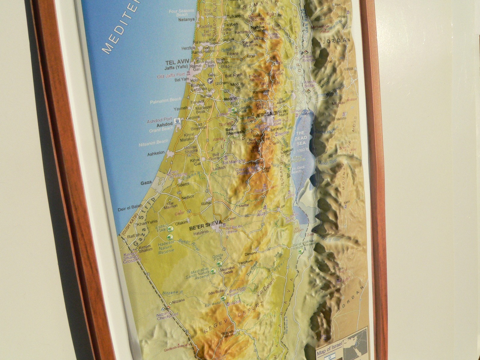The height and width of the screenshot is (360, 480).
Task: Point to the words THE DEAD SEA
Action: [301, 138]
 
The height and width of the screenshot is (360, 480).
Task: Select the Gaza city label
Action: [146, 183]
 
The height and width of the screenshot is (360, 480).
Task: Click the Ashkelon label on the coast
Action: [156, 153]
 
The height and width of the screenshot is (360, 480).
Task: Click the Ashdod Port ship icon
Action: [177, 121]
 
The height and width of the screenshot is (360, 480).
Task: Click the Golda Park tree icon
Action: [219, 264]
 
